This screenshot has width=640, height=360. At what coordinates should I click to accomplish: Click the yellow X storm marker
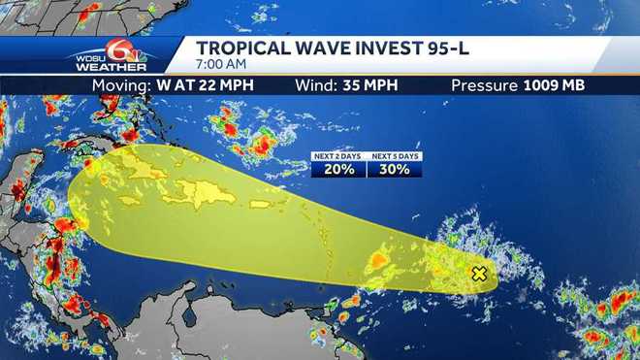coord(478,274)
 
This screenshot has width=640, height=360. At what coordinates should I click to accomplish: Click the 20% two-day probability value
coord(339,169)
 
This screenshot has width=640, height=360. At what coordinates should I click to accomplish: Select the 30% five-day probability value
coord(395,169)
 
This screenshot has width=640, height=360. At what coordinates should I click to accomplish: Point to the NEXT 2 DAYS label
coord(339,155)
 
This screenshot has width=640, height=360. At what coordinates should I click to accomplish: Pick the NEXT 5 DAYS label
coord(395,155)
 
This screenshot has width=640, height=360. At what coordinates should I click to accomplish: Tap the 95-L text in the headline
coord(422,48)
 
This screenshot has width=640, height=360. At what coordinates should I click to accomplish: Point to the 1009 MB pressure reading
coord(554,84)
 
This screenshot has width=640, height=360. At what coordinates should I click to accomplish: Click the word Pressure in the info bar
coord(485,84)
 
